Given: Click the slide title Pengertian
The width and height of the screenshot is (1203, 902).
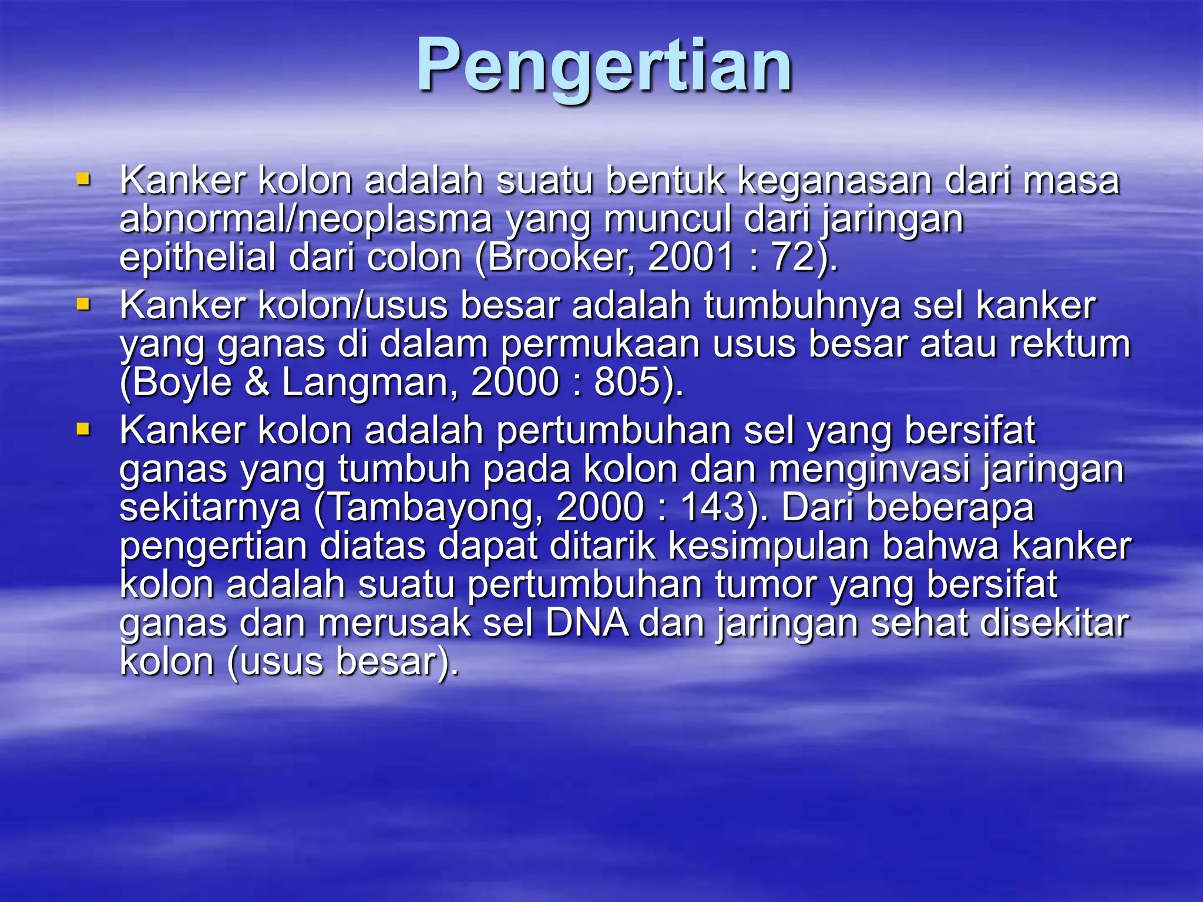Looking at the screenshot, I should [x=604, y=66].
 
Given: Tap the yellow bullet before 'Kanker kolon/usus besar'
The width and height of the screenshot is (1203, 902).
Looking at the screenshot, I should [x=83, y=304].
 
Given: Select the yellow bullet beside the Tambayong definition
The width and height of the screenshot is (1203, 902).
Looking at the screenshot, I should [x=83, y=429].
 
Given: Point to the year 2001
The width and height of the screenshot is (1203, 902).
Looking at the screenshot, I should [x=691, y=257].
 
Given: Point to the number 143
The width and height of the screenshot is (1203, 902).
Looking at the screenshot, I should [x=713, y=507].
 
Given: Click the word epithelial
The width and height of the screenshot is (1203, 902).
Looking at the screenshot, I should [x=197, y=257].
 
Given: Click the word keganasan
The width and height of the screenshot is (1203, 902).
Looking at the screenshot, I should [x=834, y=180].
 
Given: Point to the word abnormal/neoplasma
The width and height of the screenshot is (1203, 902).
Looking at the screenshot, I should [x=305, y=219].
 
